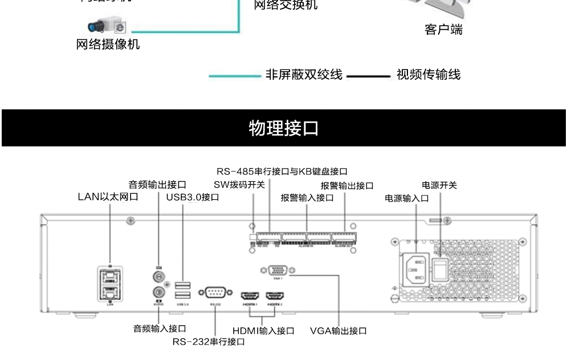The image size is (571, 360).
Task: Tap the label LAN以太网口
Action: [x=108, y=197]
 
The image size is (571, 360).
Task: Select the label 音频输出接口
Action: [x=157, y=185]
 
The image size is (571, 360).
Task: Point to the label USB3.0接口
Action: [x=193, y=197]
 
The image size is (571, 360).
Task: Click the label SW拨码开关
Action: [x=239, y=185]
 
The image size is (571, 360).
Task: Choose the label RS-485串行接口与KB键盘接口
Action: [x=282, y=171]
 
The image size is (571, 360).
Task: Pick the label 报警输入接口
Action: [x=307, y=198]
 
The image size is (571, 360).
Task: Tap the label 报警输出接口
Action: [x=346, y=186]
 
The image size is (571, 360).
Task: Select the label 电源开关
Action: [x=439, y=185]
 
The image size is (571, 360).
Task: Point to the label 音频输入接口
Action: [x=160, y=329]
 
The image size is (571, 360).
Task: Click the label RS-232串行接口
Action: [x=209, y=342]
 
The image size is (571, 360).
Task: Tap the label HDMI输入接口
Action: [x=263, y=330]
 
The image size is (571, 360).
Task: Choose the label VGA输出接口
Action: [x=338, y=330]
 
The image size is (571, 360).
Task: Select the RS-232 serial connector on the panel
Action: [x=215, y=293]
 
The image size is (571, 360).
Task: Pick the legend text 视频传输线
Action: [x=428, y=75]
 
